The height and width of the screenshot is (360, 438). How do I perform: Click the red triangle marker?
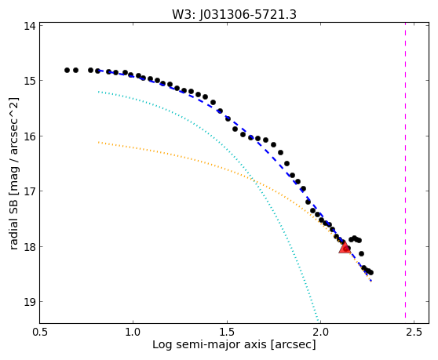click(x=345, y=248)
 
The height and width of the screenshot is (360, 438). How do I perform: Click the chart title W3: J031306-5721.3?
click(x=234, y=15)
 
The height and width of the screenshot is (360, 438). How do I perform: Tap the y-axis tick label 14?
click(x=30, y=26)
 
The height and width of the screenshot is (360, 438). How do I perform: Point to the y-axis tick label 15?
click(x=30, y=81)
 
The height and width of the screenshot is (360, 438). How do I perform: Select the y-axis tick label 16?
click(x=30, y=136)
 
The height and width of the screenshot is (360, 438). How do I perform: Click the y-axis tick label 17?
click(x=30, y=191)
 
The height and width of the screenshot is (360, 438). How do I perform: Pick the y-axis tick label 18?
click(x=30, y=247)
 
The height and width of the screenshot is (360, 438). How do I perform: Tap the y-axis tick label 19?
click(x=30, y=302)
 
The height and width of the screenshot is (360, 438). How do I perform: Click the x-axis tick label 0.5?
click(x=40, y=332)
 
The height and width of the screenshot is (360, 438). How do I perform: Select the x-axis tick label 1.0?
click(x=133, y=332)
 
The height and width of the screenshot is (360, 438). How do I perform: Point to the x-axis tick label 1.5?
click(x=227, y=332)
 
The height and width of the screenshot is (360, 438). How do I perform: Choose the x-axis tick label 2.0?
click(x=321, y=332)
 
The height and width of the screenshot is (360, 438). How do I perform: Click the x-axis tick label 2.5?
click(x=414, y=332)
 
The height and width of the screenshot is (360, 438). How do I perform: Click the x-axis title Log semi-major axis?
click(x=210, y=345)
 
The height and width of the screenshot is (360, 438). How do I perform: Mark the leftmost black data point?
click(x=67, y=70)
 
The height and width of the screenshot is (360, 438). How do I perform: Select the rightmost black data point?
click(x=371, y=273)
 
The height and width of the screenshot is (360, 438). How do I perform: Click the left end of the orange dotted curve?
click(x=99, y=142)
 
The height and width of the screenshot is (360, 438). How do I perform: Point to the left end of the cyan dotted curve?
click(x=99, y=92)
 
